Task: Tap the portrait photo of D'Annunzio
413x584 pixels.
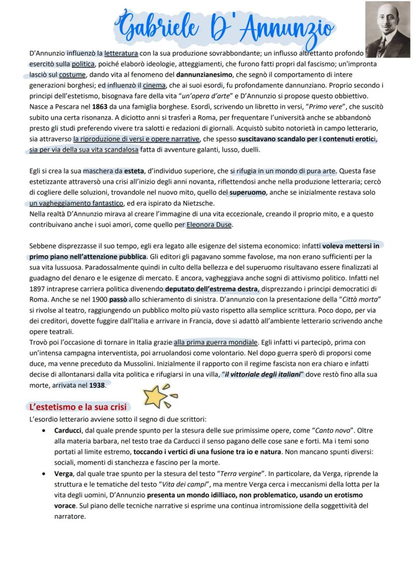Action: (x=388, y=29)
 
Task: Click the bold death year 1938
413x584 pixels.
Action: (x=98, y=386)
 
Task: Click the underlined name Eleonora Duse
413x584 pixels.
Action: (x=209, y=224)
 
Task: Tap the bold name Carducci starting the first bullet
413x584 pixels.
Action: (x=69, y=430)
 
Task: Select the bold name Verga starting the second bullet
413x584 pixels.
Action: (x=64, y=473)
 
